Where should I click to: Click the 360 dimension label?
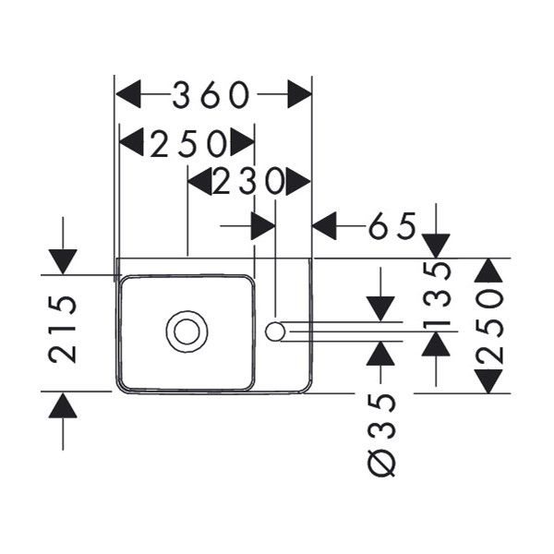coord(213,94)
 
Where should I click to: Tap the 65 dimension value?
coord(393,225)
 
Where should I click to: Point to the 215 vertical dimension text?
coord(64,330)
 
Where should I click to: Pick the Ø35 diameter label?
coord(382,433)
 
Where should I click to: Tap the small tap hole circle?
coord(274,331)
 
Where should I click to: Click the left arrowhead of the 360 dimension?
coord(127,94)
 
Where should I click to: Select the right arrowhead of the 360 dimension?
coord(299,94)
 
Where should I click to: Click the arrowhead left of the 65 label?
coord(325,225)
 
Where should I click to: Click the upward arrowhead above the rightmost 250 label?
coord(488,271)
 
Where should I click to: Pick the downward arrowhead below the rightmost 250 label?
coord(488,379)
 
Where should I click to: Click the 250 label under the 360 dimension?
coord(188,142)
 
